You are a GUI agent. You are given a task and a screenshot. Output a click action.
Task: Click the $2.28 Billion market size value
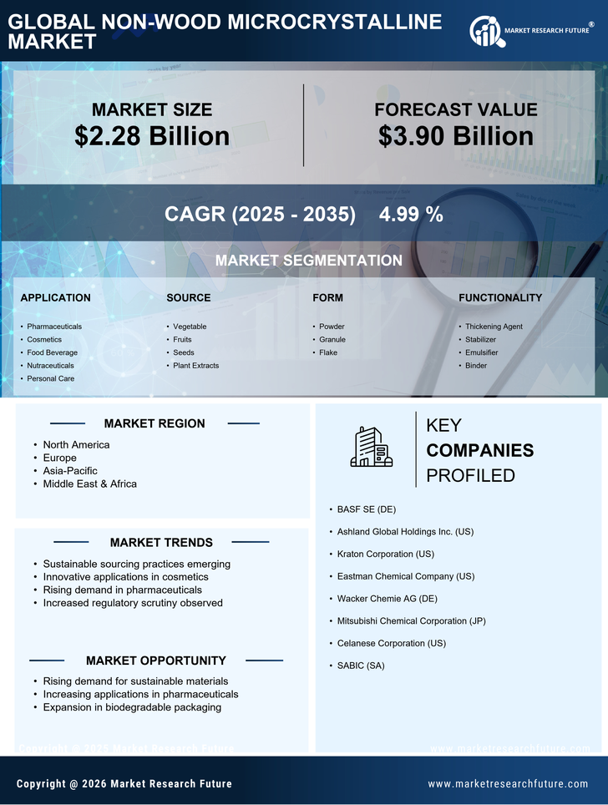(x=152, y=136)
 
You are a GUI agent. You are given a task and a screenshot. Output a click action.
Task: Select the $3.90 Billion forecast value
(x=455, y=136)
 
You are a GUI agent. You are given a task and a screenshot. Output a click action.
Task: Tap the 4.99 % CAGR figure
(x=411, y=214)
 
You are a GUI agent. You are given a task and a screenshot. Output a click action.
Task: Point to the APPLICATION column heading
(x=55, y=297)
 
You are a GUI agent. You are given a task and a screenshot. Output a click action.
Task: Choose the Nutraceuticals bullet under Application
(x=50, y=366)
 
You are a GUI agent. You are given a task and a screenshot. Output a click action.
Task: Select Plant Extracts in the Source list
(x=195, y=366)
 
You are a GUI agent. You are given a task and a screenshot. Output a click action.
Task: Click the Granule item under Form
(x=332, y=340)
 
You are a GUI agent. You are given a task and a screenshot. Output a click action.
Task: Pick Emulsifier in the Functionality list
(x=481, y=352)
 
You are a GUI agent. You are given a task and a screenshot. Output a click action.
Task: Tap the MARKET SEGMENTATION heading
(x=308, y=261)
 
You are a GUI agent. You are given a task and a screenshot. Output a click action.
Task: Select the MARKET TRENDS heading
(x=161, y=543)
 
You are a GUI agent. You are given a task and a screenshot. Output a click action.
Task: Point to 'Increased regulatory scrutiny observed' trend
(x=133, y=603)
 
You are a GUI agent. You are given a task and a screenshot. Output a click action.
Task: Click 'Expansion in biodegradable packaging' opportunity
(x=132, y=707)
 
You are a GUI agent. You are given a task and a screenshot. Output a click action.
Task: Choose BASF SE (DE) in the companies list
(x=366, y=509)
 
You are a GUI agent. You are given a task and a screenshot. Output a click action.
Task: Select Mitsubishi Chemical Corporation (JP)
(x=411, y=621)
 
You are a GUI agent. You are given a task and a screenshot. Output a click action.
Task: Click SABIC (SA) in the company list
(x=361, y=666)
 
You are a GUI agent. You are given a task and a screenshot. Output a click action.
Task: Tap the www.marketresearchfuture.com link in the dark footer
(x=508, y=784)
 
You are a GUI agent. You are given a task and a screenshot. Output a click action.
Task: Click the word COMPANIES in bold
(x=479, y=451)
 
